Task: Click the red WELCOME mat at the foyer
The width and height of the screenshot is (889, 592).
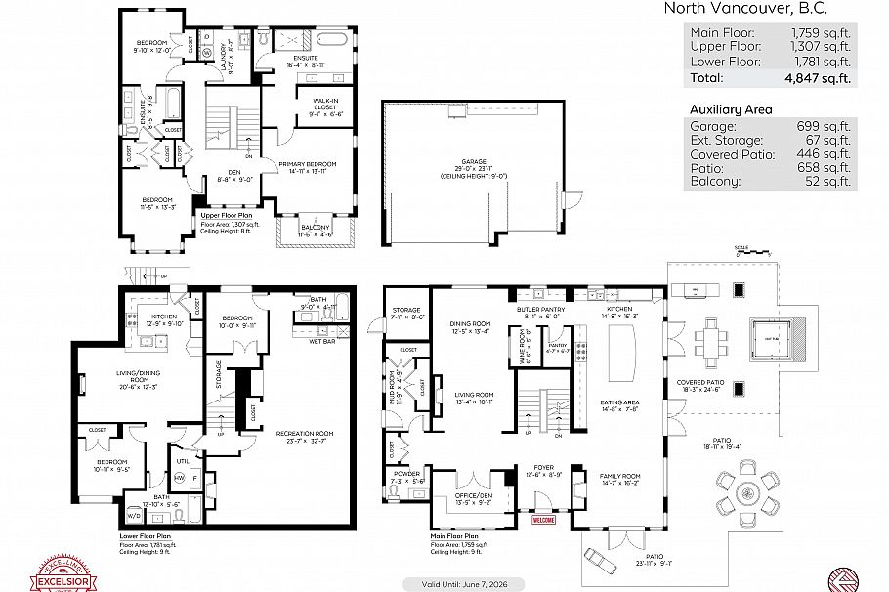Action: [543, 520]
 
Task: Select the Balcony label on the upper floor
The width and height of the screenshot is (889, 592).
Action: [317, 229]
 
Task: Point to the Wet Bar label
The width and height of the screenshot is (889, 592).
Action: [321, 342]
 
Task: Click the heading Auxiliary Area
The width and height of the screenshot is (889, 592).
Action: [730, 109]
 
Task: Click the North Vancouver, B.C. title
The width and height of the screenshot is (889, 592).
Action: [745, 8]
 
